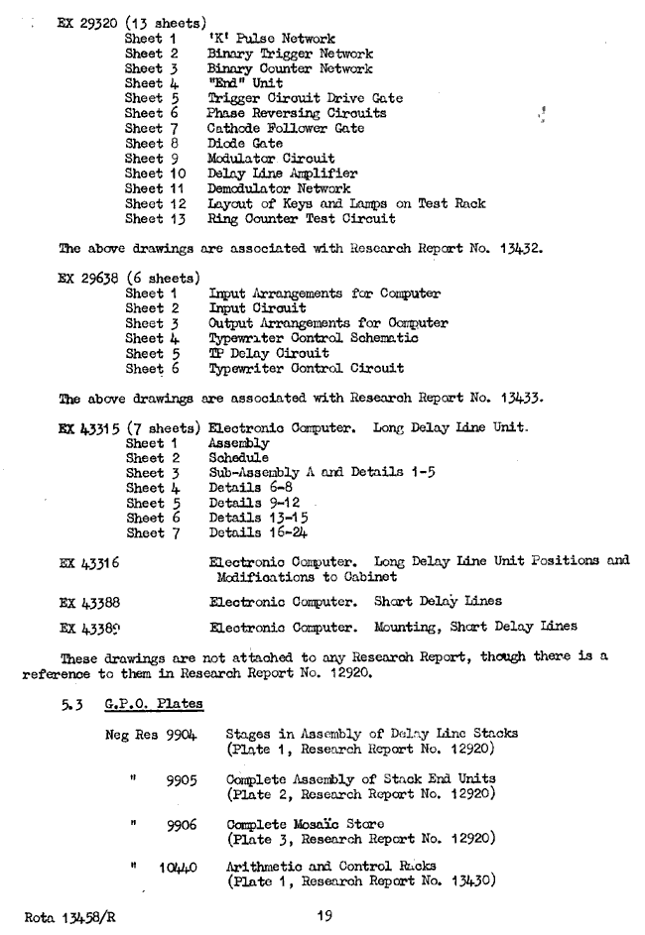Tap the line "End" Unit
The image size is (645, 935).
pyautogui.click(x=246, y=82)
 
